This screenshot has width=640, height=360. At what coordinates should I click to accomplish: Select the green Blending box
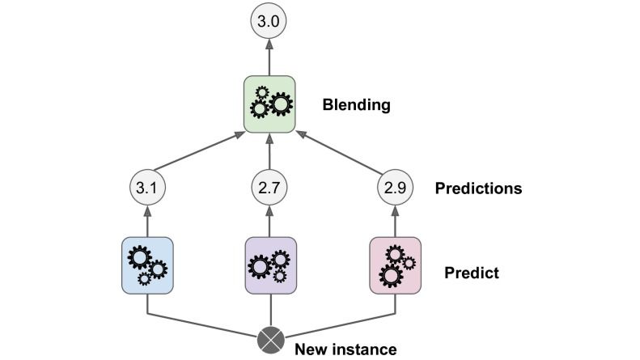point(269,104)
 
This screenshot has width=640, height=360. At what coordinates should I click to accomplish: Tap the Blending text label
point(355,104)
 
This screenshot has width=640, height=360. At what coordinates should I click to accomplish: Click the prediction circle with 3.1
point(146,188)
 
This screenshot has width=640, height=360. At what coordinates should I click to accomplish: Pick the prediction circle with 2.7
point(269,188)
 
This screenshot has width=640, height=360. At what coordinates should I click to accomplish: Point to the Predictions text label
point(477,188)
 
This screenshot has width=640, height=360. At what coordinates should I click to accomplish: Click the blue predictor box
point(146,265)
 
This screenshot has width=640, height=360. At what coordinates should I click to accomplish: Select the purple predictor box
point(269,265)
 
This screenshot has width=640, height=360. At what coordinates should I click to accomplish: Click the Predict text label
point(471,273)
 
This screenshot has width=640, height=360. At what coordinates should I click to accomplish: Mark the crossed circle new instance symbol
point(269,340)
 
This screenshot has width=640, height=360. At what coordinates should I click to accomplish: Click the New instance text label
point(345,349)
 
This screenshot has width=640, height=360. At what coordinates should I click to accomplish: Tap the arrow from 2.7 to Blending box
point(269,154)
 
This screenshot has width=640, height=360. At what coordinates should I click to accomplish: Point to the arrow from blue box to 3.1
point(146,221)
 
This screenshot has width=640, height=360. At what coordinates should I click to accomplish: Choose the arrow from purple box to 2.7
point(269,221)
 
